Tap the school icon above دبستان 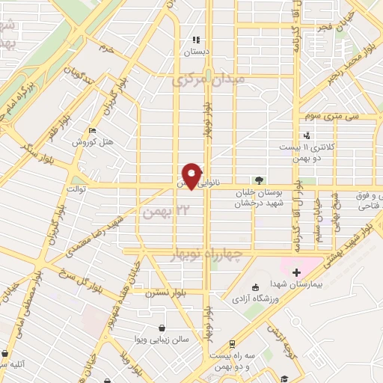coord(196,40)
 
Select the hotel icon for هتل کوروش coord(92,129)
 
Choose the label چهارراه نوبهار coord(233,255)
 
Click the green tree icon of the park coord(259,180)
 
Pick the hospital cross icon coord(296,272)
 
